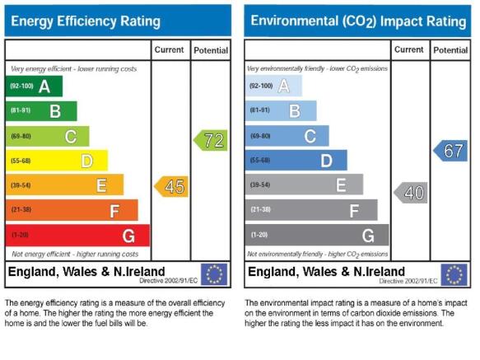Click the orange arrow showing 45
coord(171,186)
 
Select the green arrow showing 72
coord(211,140)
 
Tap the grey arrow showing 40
coord(411,193)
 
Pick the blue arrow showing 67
coord(450,151)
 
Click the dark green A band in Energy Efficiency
coord(34,86)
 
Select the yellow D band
coord(57,161)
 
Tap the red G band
coord(77,236)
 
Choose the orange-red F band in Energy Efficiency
coord(72,210)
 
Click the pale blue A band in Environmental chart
coord(273,86)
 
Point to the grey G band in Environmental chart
coord(317,235)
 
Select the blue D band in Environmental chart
coord(296,160)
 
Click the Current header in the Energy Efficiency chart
coord(169,49)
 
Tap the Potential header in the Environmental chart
coord(450,50)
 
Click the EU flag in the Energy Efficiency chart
coord(214,274)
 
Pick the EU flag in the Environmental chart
coord(454,274)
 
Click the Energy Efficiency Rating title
coord(86,21)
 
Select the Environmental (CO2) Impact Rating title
coord(358,21)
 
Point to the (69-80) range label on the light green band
coord(21,136)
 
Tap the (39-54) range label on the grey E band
coord(260,185)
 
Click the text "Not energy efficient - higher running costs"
coord(75,254)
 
